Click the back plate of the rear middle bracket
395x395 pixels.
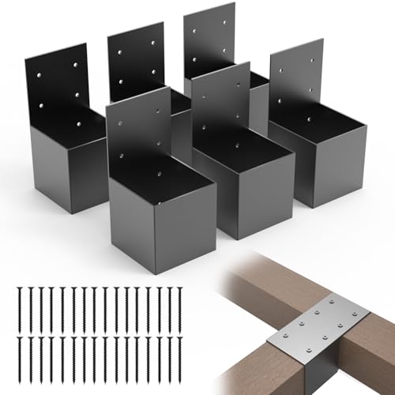point(135,59)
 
